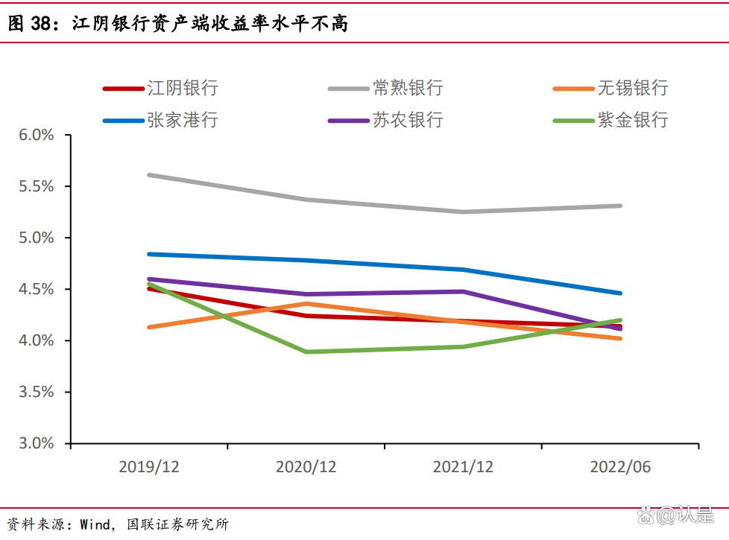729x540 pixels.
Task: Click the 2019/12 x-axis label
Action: tap(149, 467)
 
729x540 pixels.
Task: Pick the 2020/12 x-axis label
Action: tap(306, 467)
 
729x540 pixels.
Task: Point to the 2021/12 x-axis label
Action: tap(463, 467)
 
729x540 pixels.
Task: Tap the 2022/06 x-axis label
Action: tap(620, 467)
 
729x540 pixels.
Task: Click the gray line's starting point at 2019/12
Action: tap(149, 175)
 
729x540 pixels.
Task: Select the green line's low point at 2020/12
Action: tap(306, 352)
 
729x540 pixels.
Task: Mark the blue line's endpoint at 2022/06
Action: tap(620, 293)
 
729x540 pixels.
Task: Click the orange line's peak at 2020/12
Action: tap(306, 303)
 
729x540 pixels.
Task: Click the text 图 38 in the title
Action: tap(28, 25)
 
